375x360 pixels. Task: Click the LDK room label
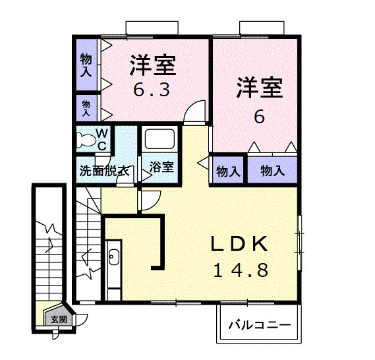(240, 244)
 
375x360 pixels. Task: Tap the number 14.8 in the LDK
(240, 270)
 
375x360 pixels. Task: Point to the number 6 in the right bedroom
(260, 117)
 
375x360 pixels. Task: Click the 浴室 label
(162, 167)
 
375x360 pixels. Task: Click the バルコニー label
(260, 326)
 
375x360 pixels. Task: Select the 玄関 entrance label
(59, 319)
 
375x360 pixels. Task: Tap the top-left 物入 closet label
(86, 65)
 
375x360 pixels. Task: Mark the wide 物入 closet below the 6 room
(272, 171)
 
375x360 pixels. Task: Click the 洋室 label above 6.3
(152, 66)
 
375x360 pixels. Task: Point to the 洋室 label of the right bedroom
(260, 88)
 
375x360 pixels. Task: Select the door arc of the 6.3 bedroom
(194, 113)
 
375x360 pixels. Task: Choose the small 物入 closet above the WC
(86, 107)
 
